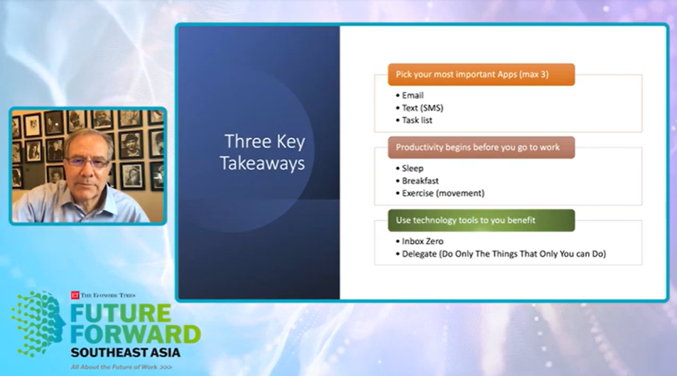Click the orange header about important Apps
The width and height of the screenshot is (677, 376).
point(481,75)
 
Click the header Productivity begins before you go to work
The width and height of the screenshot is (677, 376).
point(481,147)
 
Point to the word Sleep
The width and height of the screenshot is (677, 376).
point(412,168)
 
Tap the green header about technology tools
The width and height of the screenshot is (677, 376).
point(481,220)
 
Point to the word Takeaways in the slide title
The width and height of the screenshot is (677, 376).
point(263,163)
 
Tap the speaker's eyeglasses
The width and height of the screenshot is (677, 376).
point(87,162)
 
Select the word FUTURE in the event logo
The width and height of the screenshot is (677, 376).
point(121,313)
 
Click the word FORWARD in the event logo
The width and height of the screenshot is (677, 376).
point(136,334)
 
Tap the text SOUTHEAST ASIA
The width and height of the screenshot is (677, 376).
point(125,353)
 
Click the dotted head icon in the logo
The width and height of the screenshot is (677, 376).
point(38,323)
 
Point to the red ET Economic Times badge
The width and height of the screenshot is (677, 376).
point(75,295)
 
